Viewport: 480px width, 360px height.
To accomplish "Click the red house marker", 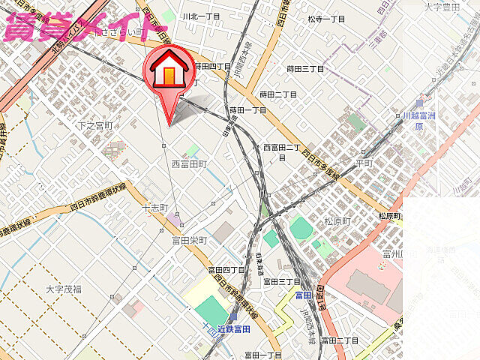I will [169, 71].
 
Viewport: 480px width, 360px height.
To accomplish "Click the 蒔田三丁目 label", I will [306, 69].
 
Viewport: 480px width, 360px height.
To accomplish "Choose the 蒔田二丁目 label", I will [278, 94].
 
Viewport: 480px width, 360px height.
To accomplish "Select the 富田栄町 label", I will [189, 240].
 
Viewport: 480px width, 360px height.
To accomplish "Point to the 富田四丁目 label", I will [226, 269].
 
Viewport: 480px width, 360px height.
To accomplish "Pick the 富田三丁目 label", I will [281, 281].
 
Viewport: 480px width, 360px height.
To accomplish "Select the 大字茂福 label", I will [64, 288].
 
